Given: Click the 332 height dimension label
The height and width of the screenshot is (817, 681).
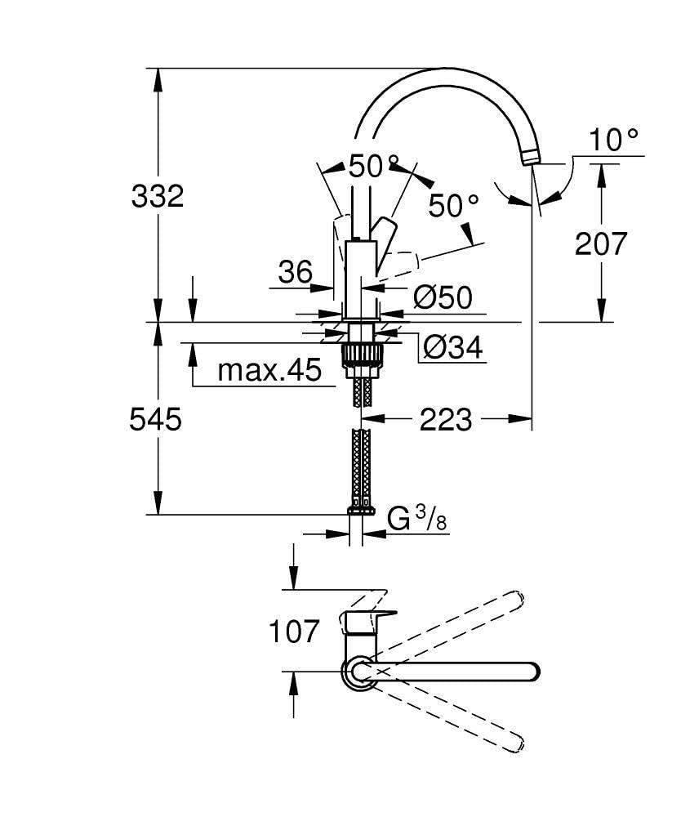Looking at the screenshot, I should pyautogui.click(x=158, y=196).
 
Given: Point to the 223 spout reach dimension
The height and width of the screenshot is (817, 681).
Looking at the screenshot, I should pyautogui.click(x=445, y=419).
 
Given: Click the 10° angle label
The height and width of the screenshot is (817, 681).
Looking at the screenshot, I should pyautogui.click(x=614, y=140).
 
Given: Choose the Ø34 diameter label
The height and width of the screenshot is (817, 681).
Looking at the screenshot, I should pyautogui.click(x=453, y=349).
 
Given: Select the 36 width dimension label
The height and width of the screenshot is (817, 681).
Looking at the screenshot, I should pyautogui.click(x=294, y=272).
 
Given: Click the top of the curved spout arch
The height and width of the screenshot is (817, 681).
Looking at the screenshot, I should pyautogui.click(x=441, y=76).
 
